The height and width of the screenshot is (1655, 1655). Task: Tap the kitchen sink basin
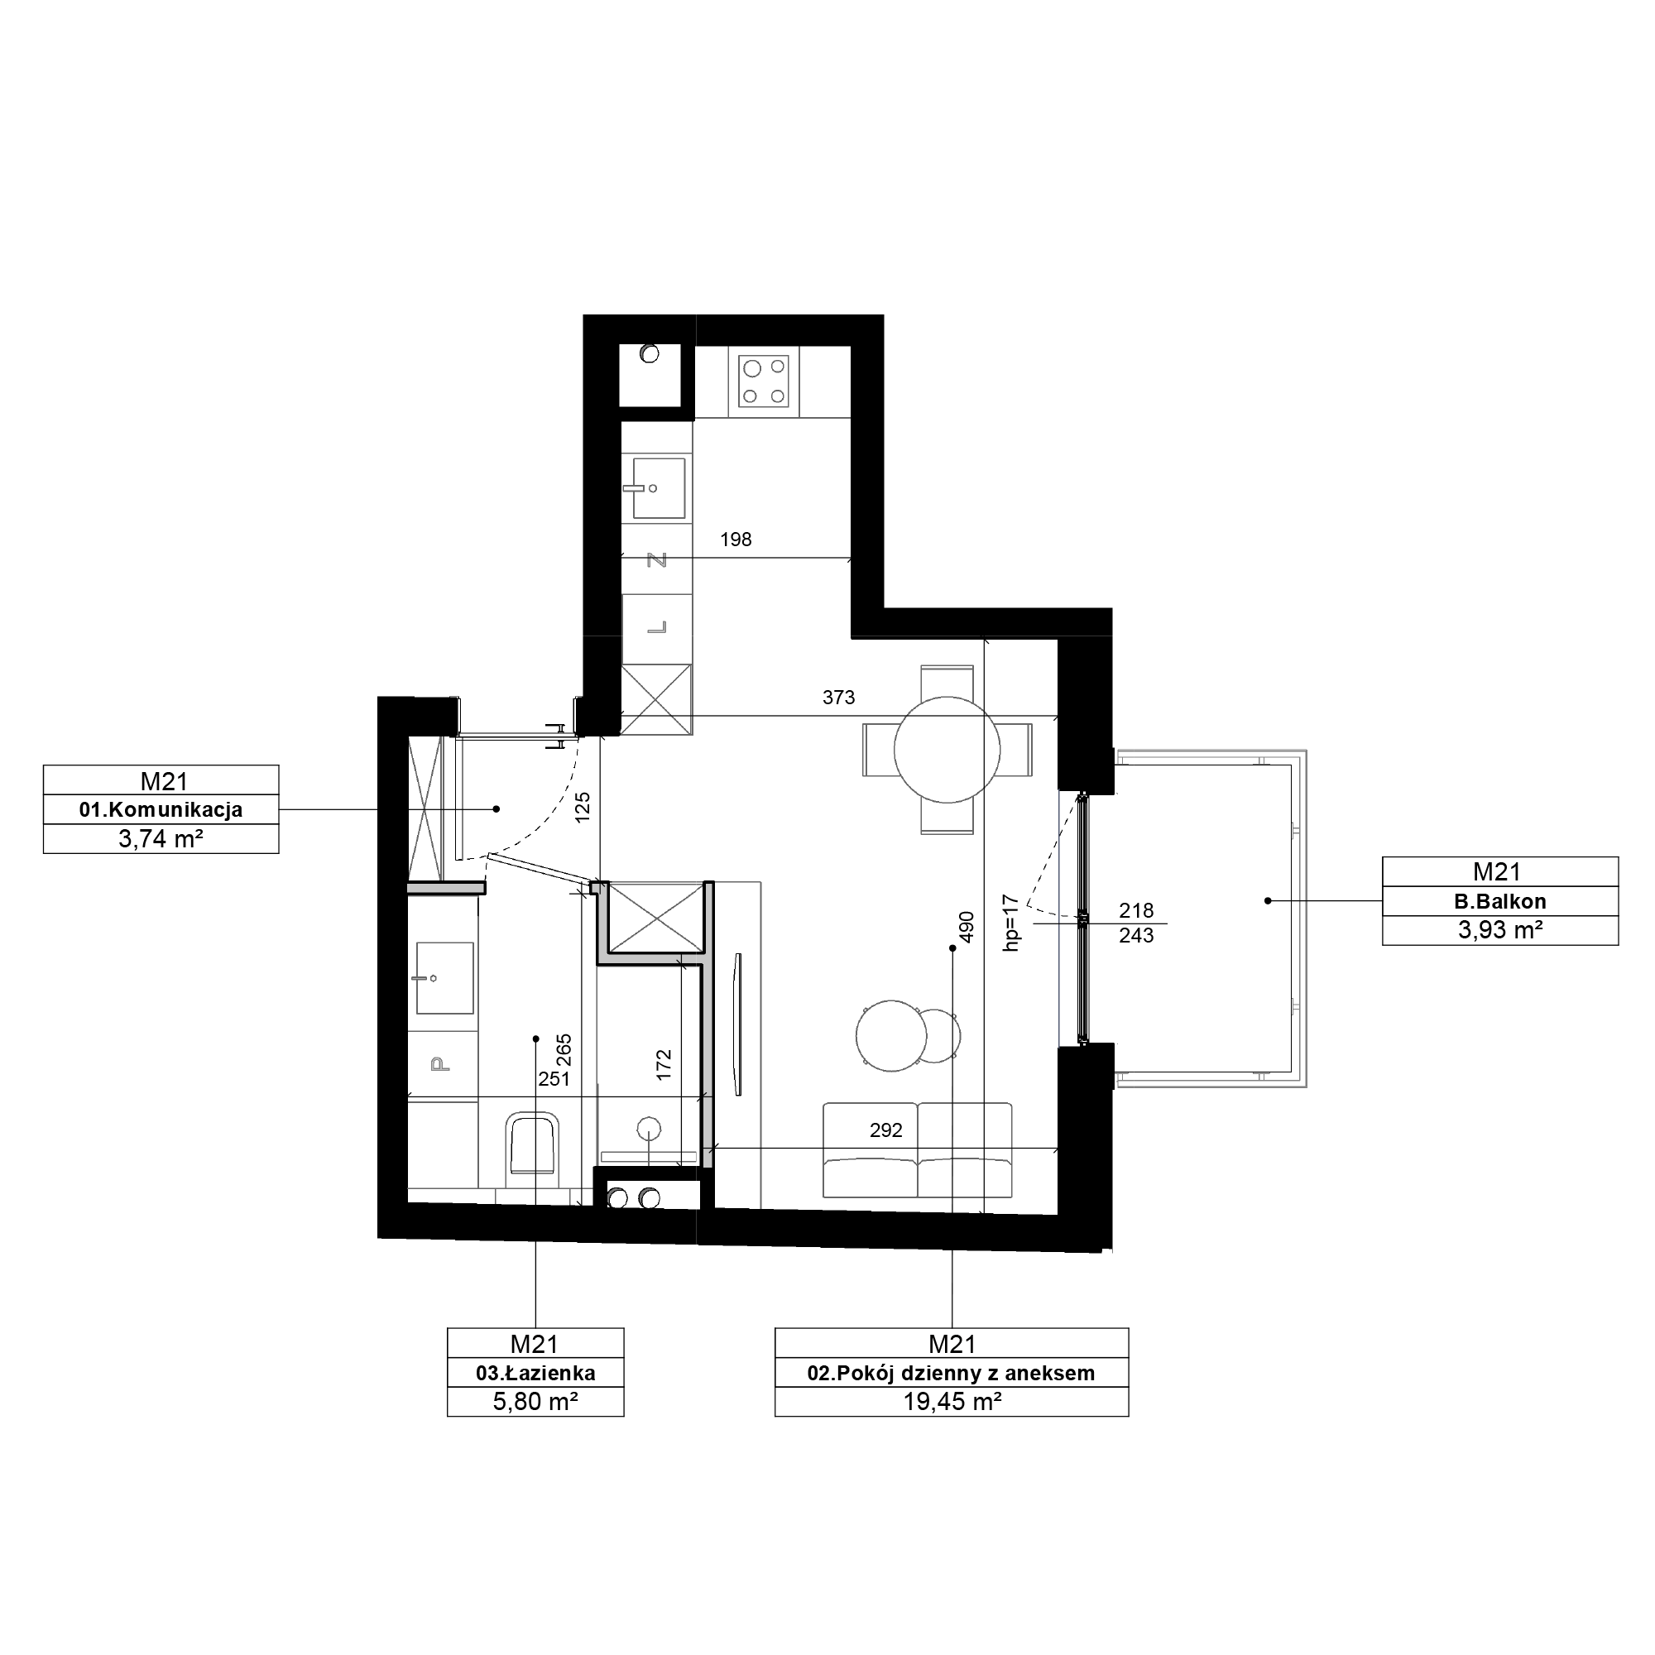pos(659,488)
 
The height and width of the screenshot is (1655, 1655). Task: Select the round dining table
pos(947,750)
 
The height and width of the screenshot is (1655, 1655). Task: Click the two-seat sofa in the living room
pos(918,1149)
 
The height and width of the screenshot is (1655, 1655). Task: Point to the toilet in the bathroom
pos(535,1145)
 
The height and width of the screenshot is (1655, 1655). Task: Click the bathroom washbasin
pos(444,977)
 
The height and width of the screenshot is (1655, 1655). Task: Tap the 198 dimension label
pos(736,540)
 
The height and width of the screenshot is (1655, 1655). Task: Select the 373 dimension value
pos(838,698)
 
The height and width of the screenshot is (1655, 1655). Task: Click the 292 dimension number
pos(885,1130)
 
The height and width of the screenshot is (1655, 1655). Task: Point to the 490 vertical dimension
pos(967,927)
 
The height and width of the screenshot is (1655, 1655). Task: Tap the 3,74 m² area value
pos(161,838)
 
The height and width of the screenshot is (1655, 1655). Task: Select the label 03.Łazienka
pos(535,1373)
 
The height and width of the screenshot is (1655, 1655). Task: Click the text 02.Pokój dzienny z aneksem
pos(951,1373)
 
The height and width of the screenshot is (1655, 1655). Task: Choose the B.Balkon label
pos(1500,901)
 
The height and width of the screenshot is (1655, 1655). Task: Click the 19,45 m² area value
pos(952,1402)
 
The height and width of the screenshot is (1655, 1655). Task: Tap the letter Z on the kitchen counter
pos(657,560)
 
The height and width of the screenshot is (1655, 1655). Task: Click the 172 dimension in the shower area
pos(664,1065)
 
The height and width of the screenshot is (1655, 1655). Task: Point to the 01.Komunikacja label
pos(161,809)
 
